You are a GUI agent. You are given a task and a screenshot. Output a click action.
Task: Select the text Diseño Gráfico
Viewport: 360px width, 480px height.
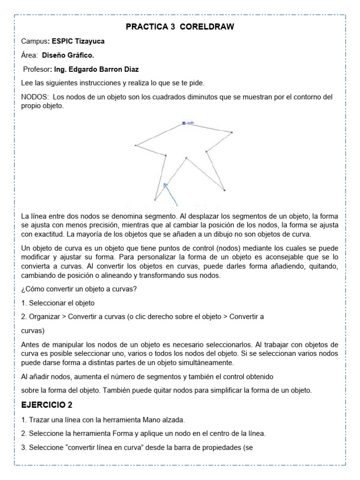[68, 55]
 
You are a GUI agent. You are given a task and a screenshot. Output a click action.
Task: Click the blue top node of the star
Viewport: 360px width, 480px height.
[184, 123]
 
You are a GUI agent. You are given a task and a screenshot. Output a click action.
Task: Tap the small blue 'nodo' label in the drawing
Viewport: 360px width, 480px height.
[190, 123]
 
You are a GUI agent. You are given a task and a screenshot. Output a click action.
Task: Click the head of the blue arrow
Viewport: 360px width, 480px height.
[165, 186]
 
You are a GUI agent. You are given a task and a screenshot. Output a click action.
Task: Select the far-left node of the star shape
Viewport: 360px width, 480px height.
[135, 145]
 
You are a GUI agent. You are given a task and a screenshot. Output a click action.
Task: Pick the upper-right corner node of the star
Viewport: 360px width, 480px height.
[232, 132]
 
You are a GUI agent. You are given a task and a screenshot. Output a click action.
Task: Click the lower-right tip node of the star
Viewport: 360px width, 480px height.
[225, 190]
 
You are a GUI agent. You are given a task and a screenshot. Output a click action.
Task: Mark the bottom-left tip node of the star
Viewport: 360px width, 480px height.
[155, 200]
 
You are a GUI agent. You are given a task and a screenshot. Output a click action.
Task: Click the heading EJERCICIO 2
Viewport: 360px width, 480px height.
[46, 405]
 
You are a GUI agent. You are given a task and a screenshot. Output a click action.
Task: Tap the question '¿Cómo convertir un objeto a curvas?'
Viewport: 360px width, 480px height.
[79, 289]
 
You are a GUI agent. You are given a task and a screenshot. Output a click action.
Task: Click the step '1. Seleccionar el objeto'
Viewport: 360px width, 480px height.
[58, 303]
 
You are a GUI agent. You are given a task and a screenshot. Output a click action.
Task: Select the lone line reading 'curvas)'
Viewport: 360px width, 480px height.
[33, 330]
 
